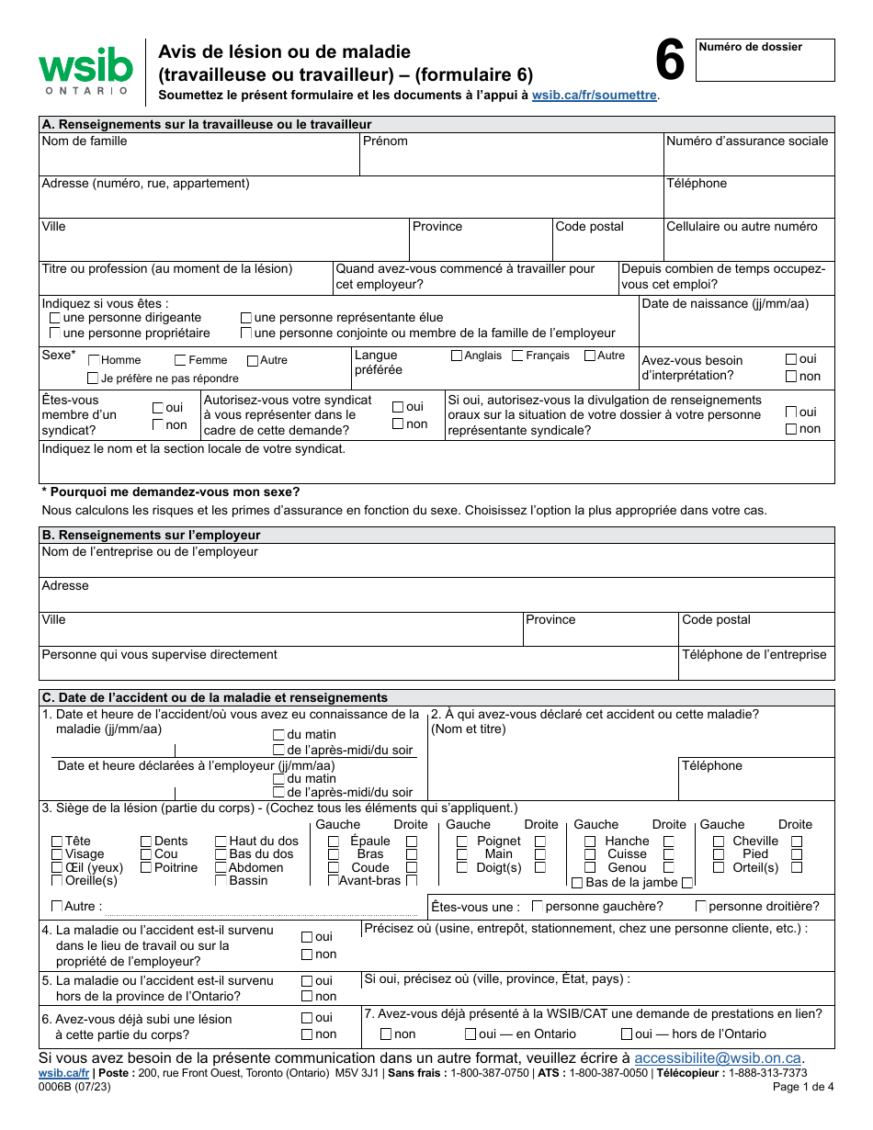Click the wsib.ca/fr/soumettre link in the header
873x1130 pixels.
594,95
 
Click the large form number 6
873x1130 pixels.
670,62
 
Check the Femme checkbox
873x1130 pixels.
181,360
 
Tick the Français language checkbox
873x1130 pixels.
517,356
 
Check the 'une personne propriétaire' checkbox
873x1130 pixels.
55,333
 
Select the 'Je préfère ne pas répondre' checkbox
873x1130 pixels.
93,379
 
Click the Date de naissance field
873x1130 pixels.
736,321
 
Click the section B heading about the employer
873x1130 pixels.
151,535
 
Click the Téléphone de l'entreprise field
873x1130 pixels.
755,663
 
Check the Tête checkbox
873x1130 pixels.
57,842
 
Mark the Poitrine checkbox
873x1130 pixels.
146,868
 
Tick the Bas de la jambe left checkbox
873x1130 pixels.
577,883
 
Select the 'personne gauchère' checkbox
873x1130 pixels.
538,907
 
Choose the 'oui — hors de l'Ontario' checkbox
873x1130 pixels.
627,1034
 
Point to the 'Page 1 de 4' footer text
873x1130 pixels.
803,1087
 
